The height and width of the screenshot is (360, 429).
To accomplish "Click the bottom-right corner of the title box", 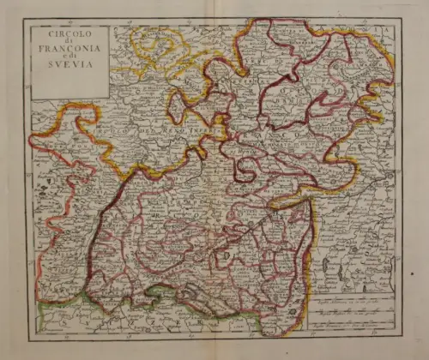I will tap(109, 98).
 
